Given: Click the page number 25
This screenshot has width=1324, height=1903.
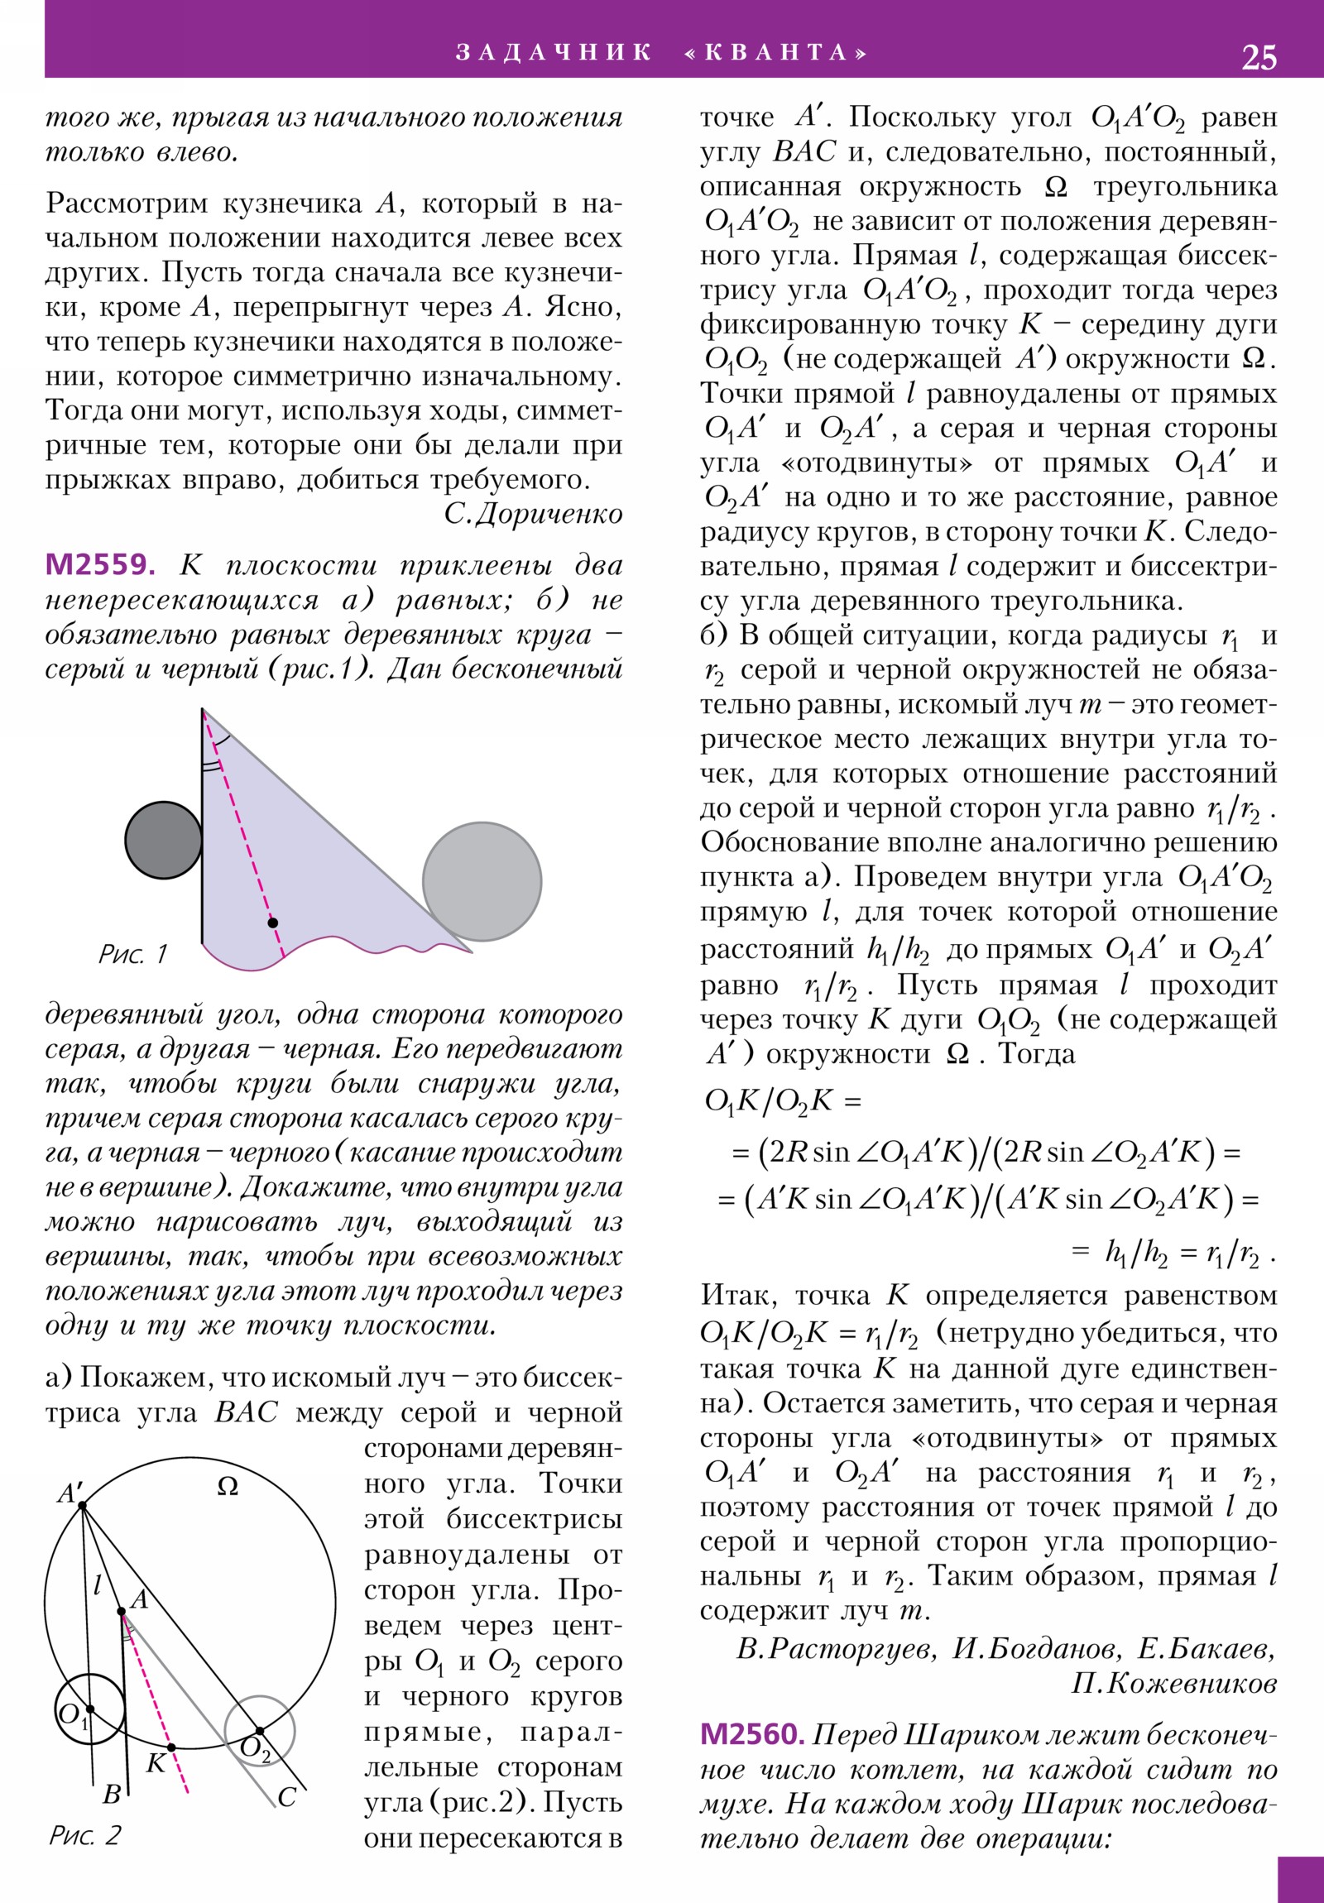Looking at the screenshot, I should (x=1259, y=57).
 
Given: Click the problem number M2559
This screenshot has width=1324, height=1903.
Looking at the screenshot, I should (x=100, y=564).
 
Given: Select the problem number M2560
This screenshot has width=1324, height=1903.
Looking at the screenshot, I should (x=752, y=1733).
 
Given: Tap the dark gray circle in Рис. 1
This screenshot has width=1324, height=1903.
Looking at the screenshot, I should (x=163, y=840).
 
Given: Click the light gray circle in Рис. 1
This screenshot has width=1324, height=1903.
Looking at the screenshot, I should (x=482, y=881).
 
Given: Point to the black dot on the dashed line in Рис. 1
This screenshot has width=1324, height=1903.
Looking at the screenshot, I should (x=273, y=923).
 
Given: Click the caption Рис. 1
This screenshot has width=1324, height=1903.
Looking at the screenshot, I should (x=132, y=954).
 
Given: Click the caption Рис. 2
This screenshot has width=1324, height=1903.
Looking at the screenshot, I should (x=84, y=1835).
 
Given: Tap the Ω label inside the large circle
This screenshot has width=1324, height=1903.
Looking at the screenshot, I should (x=228, y=1487).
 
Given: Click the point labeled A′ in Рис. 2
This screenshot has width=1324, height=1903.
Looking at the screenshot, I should (x=82, y=1504).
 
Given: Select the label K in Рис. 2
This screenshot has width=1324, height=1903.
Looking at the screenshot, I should (x=155, y=1763).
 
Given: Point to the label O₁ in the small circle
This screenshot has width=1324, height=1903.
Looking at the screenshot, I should (x=70, y=1714).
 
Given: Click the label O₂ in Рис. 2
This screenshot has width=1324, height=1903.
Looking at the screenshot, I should (x=254, y=1749).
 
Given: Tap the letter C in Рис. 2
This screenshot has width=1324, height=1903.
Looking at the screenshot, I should (x=287, y=1797).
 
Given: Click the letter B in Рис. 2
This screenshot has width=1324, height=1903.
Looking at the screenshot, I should (x=112, y=1795).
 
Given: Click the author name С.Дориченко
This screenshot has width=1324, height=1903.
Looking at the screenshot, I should (x=532, y=514).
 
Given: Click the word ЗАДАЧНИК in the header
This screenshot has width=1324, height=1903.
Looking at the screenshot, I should (x=553, y=52).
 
